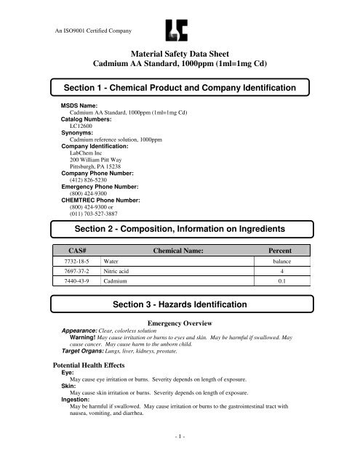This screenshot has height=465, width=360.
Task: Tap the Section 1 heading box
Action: click(179, 88)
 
